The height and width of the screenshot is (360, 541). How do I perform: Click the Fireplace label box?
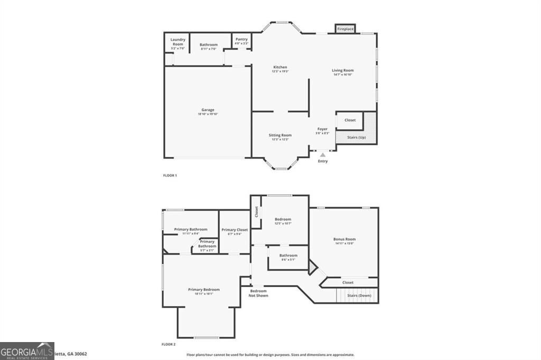pyautogui.click(x=345, y=29)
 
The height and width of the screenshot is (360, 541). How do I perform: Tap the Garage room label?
pyautogui.click(x=208, y=110)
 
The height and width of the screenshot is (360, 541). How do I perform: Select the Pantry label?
pyautogui.click(x=241, y=39)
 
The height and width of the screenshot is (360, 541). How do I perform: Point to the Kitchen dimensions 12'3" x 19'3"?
pyautogui.click(x=280, y=72)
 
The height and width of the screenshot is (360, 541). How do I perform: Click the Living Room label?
pyautogui.click(x=342, y=70)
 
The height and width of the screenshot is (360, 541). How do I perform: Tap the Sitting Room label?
pyautogui.click(x=280, y=135)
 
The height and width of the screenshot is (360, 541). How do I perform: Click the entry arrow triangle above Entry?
pyautogui.click(x=322, y=155)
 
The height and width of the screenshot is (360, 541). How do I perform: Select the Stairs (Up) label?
pyautogui.click(x=356, y=138)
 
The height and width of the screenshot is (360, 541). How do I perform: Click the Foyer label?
pyautogui.click(x=322, y=129)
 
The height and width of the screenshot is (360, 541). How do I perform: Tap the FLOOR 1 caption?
pyautogui.click(x=170, y=175)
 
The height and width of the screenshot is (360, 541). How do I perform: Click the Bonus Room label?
pyautogui.click(x=344, y=239)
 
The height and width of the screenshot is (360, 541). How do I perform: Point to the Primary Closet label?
pyautogui.click(x=235, y=230)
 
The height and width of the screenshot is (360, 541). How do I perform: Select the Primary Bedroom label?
pyautogui.click(x=204, y=289)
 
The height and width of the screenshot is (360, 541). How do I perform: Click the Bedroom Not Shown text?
pyautogui.click(x=258, y=293)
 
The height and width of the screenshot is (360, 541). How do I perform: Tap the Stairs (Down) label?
pyautogui.click(x=357, y=296)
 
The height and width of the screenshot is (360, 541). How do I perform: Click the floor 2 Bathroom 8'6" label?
pyautogui.click(x=288, y=255)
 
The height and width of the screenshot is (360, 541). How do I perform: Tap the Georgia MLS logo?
pyautogui.click(x=27, y=350)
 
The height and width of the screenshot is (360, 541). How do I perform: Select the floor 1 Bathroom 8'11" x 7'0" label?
pyautogui.click(x=208, y=45)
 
